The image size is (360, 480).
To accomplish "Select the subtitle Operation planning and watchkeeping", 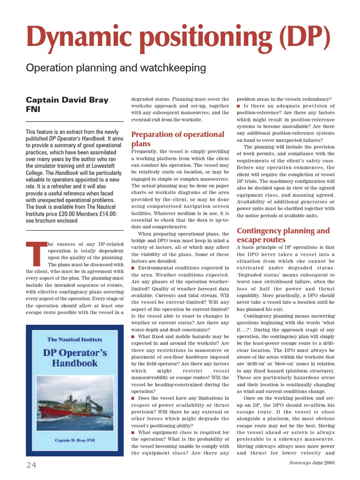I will click(116, 68).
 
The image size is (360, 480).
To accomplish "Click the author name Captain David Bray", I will click(67, 100).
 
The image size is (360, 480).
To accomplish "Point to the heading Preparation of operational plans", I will click(178, 139).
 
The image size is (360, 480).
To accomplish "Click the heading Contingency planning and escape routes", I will click(283, 235).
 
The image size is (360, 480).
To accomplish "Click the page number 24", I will click(31, 464).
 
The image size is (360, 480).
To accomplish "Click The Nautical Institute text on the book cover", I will click(75, 339).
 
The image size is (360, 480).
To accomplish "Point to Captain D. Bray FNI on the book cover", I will click(75, 441).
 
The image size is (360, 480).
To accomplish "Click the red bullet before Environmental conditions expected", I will click(134, 268).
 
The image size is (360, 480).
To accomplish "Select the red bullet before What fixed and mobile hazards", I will click(134, 337).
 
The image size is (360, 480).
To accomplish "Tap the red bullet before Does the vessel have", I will click(134, 398).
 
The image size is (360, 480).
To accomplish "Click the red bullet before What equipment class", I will click(134, 433).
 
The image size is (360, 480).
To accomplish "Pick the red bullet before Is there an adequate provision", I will click(239, 106).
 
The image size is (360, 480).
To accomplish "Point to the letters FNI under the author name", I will click(33, 109).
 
